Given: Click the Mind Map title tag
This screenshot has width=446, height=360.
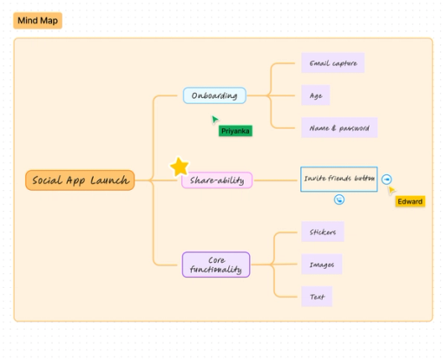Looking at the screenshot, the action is tap(37, 21).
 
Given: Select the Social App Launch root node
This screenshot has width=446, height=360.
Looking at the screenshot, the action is tap(80, 180).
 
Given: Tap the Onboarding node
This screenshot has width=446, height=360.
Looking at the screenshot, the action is tap(214, 95).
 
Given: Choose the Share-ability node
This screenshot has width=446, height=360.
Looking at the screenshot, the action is tap(217, 180).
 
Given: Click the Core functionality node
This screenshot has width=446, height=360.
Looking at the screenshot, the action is tap(216, 265).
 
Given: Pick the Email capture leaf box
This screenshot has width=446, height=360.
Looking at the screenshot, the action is tap(333, 62).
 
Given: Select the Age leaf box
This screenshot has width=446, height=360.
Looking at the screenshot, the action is tap(316, 95).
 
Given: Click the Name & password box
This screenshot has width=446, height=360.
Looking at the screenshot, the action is tap(339, 128).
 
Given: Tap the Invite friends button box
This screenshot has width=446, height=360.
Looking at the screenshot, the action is tap(339, 179).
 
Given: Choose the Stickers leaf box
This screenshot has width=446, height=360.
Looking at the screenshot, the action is tap(323, 232).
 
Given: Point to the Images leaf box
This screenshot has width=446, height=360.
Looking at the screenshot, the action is tap(322, 264).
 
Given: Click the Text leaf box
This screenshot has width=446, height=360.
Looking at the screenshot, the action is tap(317, 297).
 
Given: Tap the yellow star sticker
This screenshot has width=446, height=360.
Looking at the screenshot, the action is tap(180, 167).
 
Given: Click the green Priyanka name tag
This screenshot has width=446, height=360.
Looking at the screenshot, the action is tap(235, 131).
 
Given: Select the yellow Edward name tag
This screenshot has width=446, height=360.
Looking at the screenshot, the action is tap(410, 201).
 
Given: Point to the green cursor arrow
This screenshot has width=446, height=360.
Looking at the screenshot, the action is tap(214, 119).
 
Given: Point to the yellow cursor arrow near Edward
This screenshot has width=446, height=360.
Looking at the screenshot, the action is tap(391, 190).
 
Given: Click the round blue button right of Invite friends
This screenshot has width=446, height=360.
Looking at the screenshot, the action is tap(387, 180).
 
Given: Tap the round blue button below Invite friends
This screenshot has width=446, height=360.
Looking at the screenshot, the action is tap(339, 200).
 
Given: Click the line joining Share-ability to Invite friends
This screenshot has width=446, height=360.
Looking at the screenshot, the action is tap(276, 180).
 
